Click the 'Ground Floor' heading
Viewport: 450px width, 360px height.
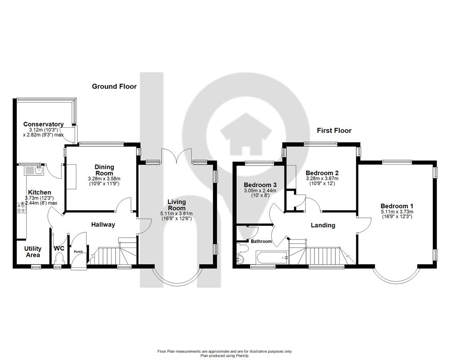pos(114,86)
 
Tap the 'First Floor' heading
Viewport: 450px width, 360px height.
pos(334,130)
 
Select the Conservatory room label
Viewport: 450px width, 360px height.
pos(43,124)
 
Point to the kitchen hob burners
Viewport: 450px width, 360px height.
pos(21,208)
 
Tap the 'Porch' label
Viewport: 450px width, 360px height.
pos(78,252)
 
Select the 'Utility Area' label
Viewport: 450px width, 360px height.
pos(32,252)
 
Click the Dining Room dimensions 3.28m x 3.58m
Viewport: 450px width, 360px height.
pos(104,179)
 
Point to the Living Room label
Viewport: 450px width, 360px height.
pos(176,205)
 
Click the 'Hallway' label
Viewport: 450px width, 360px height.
pos(103,225)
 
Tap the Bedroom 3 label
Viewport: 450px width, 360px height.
pos(260,185)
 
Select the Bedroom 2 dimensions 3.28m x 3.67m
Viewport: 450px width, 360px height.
pos(322,179)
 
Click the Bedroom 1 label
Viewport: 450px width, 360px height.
pos(396,206)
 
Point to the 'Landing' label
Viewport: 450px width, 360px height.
pos(323,225)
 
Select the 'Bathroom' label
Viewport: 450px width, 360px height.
pos(261,242)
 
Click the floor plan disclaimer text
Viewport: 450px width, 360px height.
pos(225,353)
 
